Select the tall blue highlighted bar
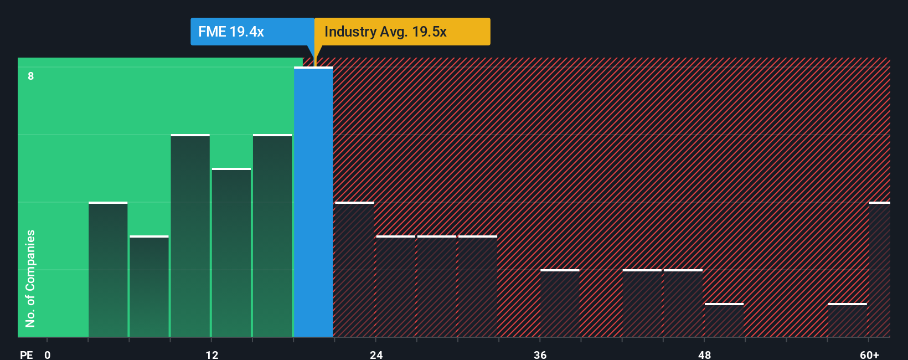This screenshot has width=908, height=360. (x=313, y=202)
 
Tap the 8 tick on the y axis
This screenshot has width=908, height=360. (x=31, y=76)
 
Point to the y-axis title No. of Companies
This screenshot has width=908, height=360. (x=30, y=278)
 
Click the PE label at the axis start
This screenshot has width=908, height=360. (x=26, y=354)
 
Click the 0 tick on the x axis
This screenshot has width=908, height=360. (x=48, y=354)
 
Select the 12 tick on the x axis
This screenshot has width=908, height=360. (x=212, y=354)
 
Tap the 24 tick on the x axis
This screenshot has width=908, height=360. (x=376, y=354)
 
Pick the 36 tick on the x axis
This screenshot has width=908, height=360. (x=540, y=354)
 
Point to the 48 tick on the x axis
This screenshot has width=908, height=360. (x=704, y=354)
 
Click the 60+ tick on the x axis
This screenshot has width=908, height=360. (x=869, y=354)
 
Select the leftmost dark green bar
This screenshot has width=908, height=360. (x=108, y=270)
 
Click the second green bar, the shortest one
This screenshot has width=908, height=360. (x=149, y=286)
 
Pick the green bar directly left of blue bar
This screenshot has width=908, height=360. (x=272, y=236)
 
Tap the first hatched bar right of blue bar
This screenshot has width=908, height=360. (x=354, y=270)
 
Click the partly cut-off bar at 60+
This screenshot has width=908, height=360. (x=879, y=270)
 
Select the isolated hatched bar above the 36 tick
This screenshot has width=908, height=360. (x=560, y=304)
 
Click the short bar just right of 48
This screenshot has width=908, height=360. (x=724, y=320)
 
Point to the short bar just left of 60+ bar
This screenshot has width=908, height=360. (x=847, y=320)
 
